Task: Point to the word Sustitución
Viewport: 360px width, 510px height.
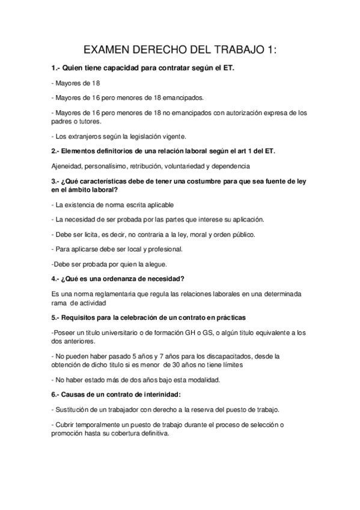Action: [75, 409]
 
